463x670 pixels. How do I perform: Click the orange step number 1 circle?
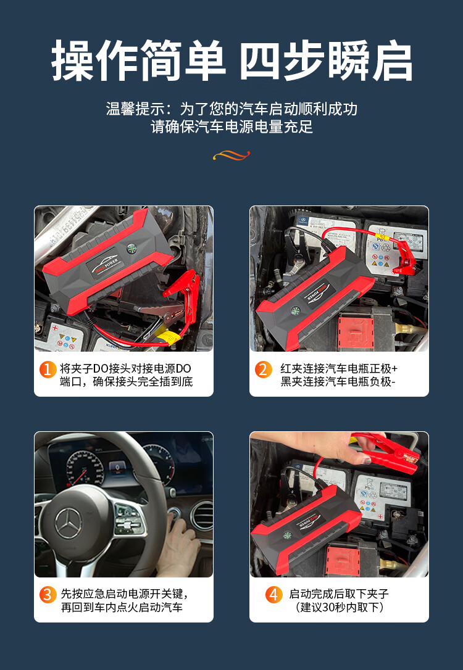click(x=48, y=370)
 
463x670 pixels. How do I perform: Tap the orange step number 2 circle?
click(x=264, y=370)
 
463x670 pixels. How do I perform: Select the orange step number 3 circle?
click(x=48, y=595)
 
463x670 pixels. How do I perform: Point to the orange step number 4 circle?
click(x=273, y=595)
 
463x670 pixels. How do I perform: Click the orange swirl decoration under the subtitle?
click(x=231, y=155)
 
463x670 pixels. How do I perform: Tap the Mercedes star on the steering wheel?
click(x=68, y=523)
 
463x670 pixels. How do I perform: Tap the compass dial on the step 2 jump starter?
click(x=295, y=311)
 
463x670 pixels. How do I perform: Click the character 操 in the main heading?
click(x=73, y=60)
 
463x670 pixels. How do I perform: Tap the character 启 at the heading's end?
click(x=392, y=60)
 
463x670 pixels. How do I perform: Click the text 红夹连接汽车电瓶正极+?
click(x=338, y=368)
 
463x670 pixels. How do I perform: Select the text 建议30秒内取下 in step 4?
click(x=340, y=606)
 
